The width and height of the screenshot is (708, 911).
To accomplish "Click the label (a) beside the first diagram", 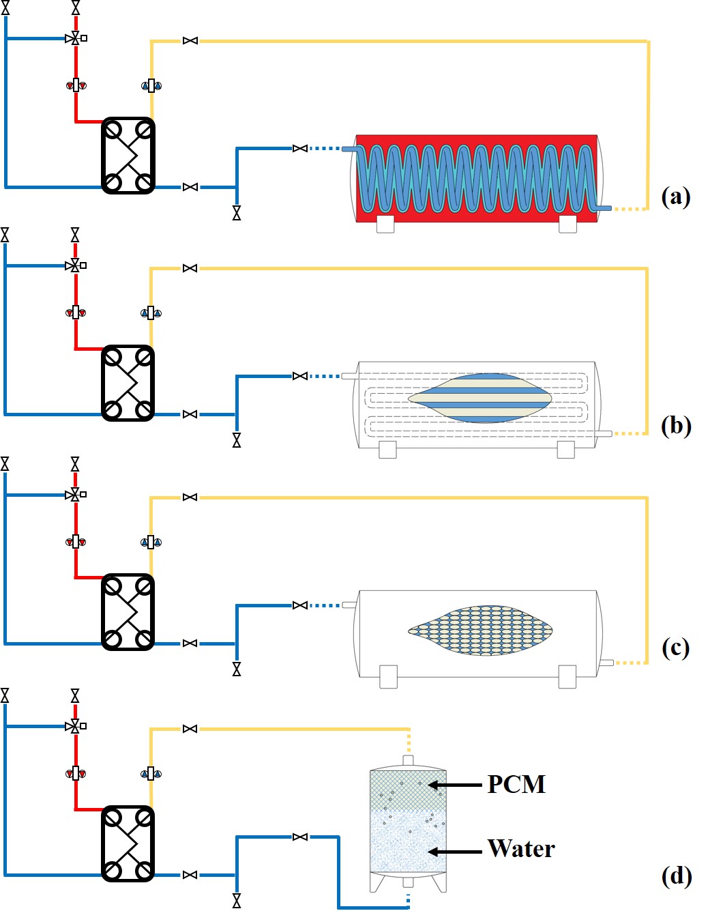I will [x=676, y=197].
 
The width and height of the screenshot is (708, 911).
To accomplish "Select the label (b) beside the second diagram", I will [x=676, y=425].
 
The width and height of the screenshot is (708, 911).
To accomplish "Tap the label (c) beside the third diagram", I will [x=676, y=647].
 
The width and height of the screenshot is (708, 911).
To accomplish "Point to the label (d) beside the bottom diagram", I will [x=677, y=876].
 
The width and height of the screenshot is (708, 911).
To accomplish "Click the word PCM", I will [x=516, y=785].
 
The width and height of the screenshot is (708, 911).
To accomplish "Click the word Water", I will [x=521, y=849].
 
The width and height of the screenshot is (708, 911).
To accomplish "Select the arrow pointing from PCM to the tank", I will [x=455, y=785].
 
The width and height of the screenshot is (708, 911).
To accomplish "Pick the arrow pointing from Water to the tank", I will [x=455, y=852].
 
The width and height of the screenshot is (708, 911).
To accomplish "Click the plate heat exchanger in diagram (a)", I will [x=128, y=156].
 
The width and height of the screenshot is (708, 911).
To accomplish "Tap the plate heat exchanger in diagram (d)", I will [x=128, y=843].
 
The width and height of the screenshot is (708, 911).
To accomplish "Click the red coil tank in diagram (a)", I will [x=477, y=178].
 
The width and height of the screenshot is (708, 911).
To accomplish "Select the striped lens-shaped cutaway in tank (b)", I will [x=480, y=398].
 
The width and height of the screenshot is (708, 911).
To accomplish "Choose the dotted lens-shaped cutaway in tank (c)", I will [x=480, y=630].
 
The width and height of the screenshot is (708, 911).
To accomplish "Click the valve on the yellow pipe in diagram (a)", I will [x=190, y=41].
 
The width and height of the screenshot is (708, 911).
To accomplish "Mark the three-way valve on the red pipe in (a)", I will [x=75, y=38].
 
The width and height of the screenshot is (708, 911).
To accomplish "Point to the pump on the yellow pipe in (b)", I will [x=151, y=313].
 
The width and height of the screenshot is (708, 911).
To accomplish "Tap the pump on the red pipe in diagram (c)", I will [x=76, y=542].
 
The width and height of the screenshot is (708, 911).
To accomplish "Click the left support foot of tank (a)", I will [x=385, y=224].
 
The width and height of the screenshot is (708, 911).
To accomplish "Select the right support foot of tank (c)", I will [x=567, y=677].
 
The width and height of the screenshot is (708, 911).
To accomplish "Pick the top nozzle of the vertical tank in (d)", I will [x=408, y=760].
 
